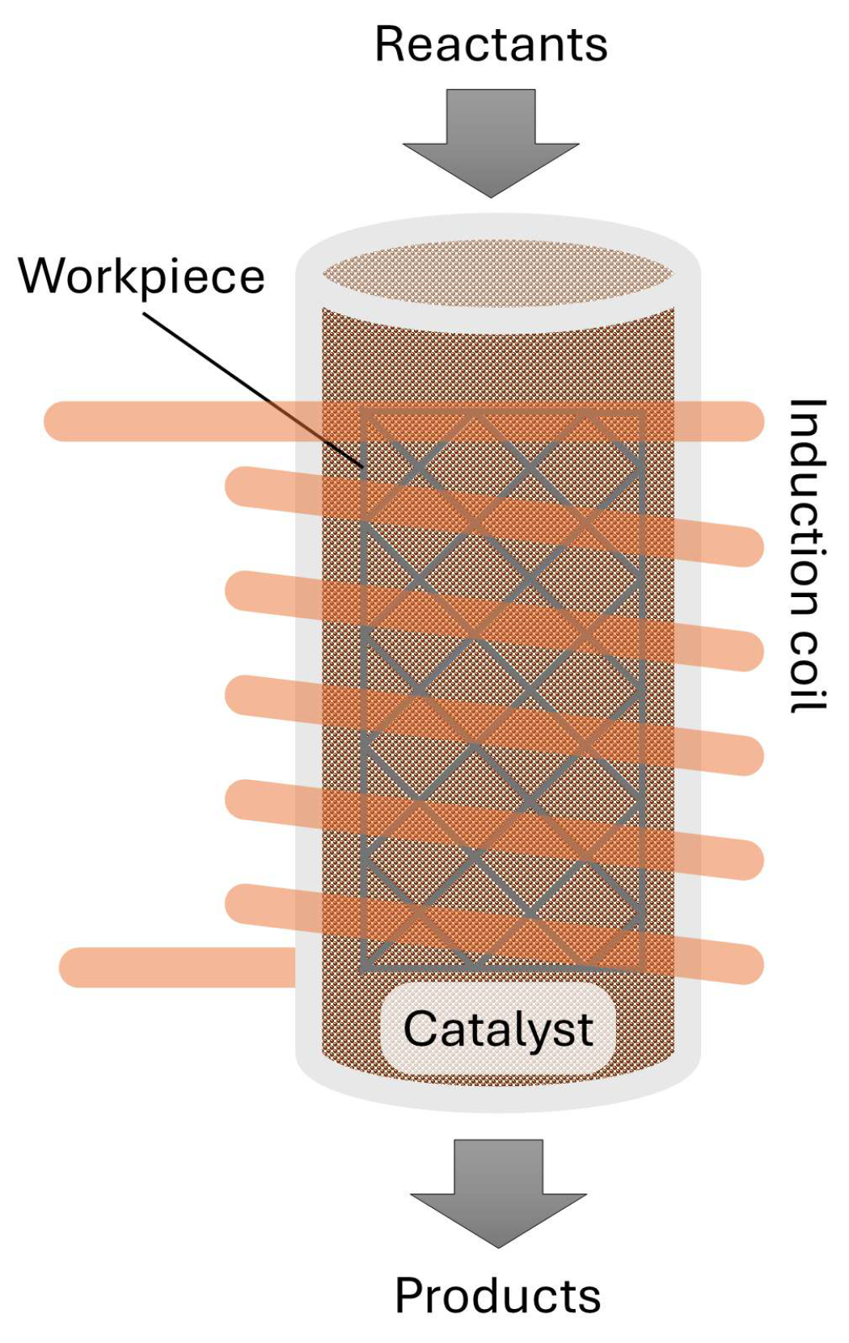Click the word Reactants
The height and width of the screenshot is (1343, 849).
click(491, 44)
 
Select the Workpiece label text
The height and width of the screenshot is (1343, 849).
click(141, 277)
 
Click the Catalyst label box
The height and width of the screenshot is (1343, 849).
click(498, 1029)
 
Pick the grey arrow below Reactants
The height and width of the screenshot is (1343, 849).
click(491, 142)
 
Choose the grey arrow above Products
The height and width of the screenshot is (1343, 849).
click(498, 1191)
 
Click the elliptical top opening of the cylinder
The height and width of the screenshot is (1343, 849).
click(498, 275)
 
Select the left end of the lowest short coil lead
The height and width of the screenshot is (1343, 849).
click(78, 967)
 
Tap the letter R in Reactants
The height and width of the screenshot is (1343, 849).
click(391, 44)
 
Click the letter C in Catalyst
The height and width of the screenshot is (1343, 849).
click(420, 1029)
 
